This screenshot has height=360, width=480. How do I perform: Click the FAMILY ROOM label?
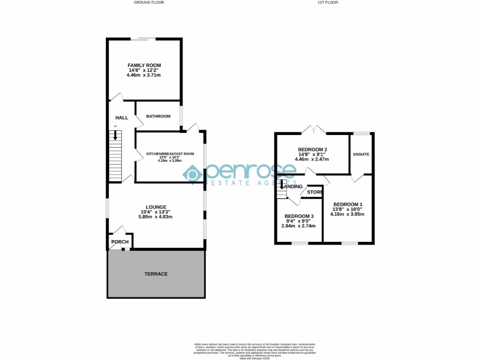click(144, 65)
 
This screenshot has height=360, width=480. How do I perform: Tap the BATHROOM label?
click(158, 116)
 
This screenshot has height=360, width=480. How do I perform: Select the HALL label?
click(121, 118)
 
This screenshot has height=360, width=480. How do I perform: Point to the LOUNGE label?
click(156, 207)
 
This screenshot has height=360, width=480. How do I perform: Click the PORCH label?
click(120, 242)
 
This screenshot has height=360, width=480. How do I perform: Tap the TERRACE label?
click(156, 274)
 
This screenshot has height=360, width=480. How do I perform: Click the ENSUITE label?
click(361, 154)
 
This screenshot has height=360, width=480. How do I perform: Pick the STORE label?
click(315, 192)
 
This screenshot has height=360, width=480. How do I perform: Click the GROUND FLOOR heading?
click(149, 2)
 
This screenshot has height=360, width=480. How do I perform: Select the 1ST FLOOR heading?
click(328, 2)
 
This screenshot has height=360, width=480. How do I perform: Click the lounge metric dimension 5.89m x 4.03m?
click(156, 217)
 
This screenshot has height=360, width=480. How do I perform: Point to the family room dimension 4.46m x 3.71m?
click(144, 75)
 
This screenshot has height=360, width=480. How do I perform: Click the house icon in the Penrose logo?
click(192, 174)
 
